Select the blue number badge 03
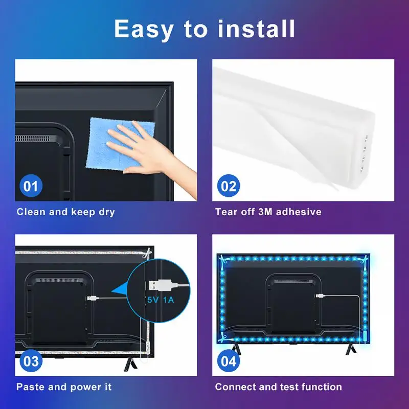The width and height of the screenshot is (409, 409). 31,361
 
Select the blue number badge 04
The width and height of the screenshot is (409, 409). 229,361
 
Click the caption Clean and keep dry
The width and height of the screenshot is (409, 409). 65,212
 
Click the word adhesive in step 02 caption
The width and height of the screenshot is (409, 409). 299,212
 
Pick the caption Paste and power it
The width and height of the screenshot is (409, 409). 64,387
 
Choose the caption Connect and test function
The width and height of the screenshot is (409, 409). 279,387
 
